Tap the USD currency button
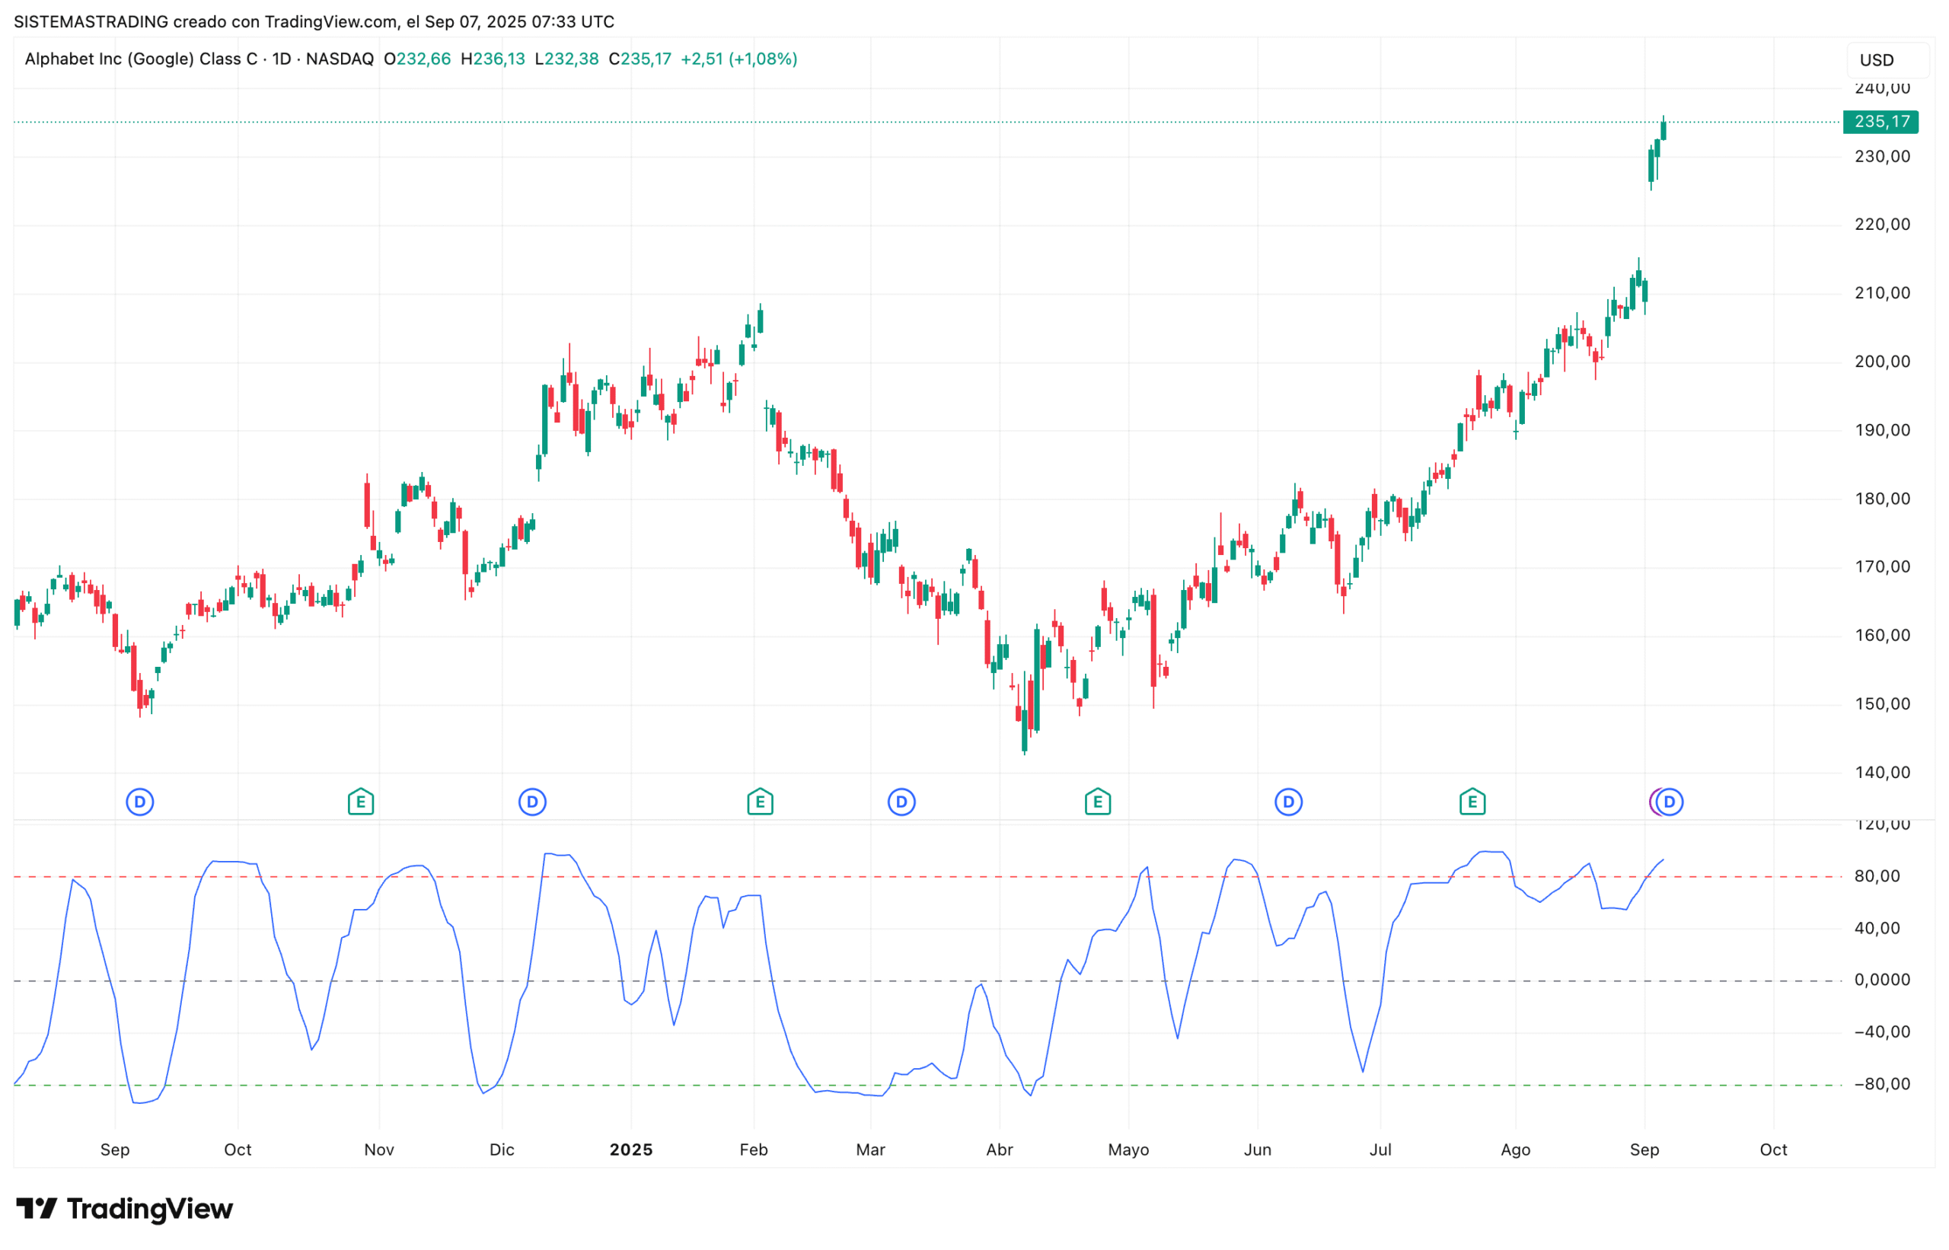pyautogui.click(x=1876, y=60)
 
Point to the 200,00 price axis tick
pyautogui.click(x=1882, y=361)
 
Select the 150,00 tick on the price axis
pyautogui.click(x=1882, y=703)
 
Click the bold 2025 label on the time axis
pyautogui.click(x=630, y=1150)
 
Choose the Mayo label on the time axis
pyautogui.click(x=1128, y=1150)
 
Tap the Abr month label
pyautogui.click(x=1000, y=1150)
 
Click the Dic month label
pyautogui.click(x=502, y=1150)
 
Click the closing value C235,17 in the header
pyautogui.click(x=640, y=59)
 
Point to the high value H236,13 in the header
pyautogui.click(x=493, y=59)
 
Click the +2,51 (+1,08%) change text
pyautogui.click(x=738, y=59)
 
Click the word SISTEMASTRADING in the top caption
pyautogui.click(x=91, y=22)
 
